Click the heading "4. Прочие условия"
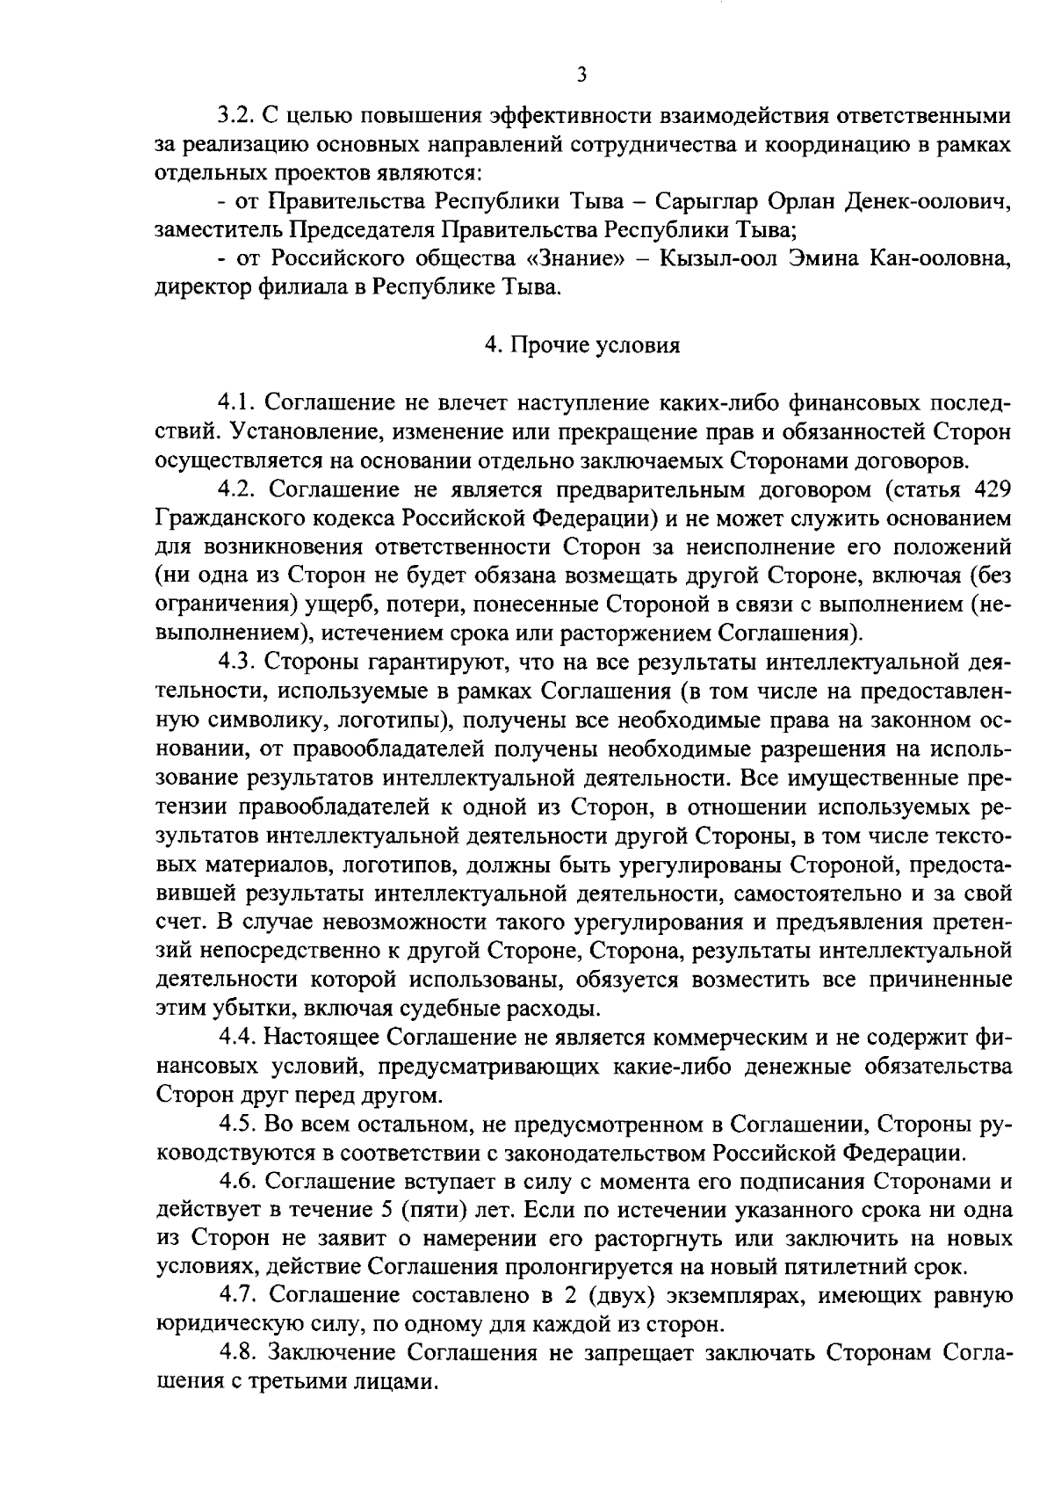(x=582, y=345)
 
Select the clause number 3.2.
(x=236, y=115)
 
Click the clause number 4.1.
(x=236, y=403)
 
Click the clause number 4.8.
(x=236, y=1351)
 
